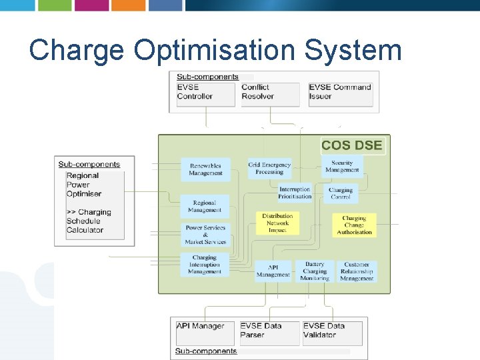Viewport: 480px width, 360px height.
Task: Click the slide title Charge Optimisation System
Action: tap(215, 50)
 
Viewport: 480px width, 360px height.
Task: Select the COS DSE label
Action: tap(351, 145)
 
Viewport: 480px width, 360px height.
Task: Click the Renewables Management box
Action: tap(205, 169)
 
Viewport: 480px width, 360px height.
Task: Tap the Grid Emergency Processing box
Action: tap(269, 168)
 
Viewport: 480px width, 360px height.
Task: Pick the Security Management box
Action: tap(342, 166)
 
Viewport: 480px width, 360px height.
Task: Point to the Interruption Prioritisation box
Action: tap(295, 193)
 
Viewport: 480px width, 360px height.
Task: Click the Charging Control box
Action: tap(341, 193)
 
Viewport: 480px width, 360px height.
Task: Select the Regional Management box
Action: tap(205, 207)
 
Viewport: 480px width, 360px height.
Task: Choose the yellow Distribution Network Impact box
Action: tap(277, 223)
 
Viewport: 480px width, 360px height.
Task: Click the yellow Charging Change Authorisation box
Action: tap(354, 225)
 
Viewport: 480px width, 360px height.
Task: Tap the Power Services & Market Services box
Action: tap(205, 235)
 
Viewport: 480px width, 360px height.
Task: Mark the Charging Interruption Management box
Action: tap(205, 265)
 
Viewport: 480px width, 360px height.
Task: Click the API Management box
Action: tap(273, 271)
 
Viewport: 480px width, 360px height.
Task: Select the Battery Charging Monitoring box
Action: tap(315, 271)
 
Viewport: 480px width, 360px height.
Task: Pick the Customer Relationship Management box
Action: tap(357, 271)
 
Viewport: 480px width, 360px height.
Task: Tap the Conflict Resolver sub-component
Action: tap(270, 93)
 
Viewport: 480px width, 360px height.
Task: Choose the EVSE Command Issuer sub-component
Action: tap(340, 93)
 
